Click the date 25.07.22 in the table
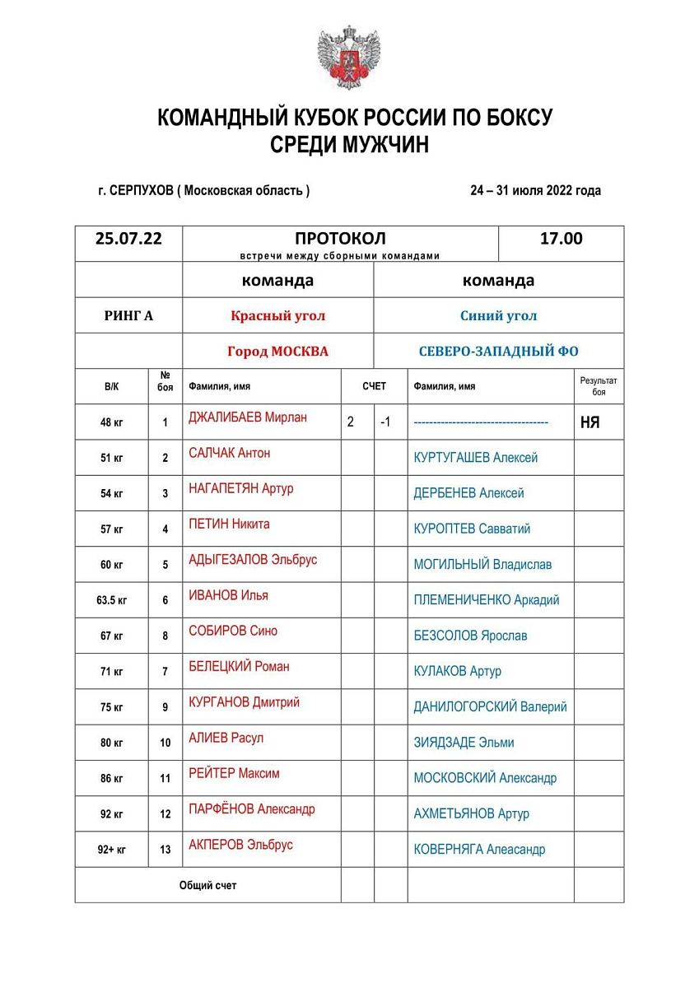(128, 239)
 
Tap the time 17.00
(561, 239)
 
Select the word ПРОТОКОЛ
(340, 239)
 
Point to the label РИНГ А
(128, 315)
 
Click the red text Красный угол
(277, 315)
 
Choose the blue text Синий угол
(499, 315)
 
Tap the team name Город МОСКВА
(277, 352)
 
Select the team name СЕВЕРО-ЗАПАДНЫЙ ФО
(499, 352)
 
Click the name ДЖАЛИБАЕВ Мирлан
(247, 417)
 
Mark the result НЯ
(589, 422)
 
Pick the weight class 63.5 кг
(112, 600)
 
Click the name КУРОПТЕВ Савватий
(472, 529)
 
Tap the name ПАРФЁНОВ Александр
(251, 809)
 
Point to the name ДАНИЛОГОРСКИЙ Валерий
(490, 706)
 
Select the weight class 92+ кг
(112, 850)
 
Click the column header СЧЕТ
(374, 386)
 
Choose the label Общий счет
(207, 886)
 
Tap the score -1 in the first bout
(385, 422)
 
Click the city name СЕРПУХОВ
(141, 190)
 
